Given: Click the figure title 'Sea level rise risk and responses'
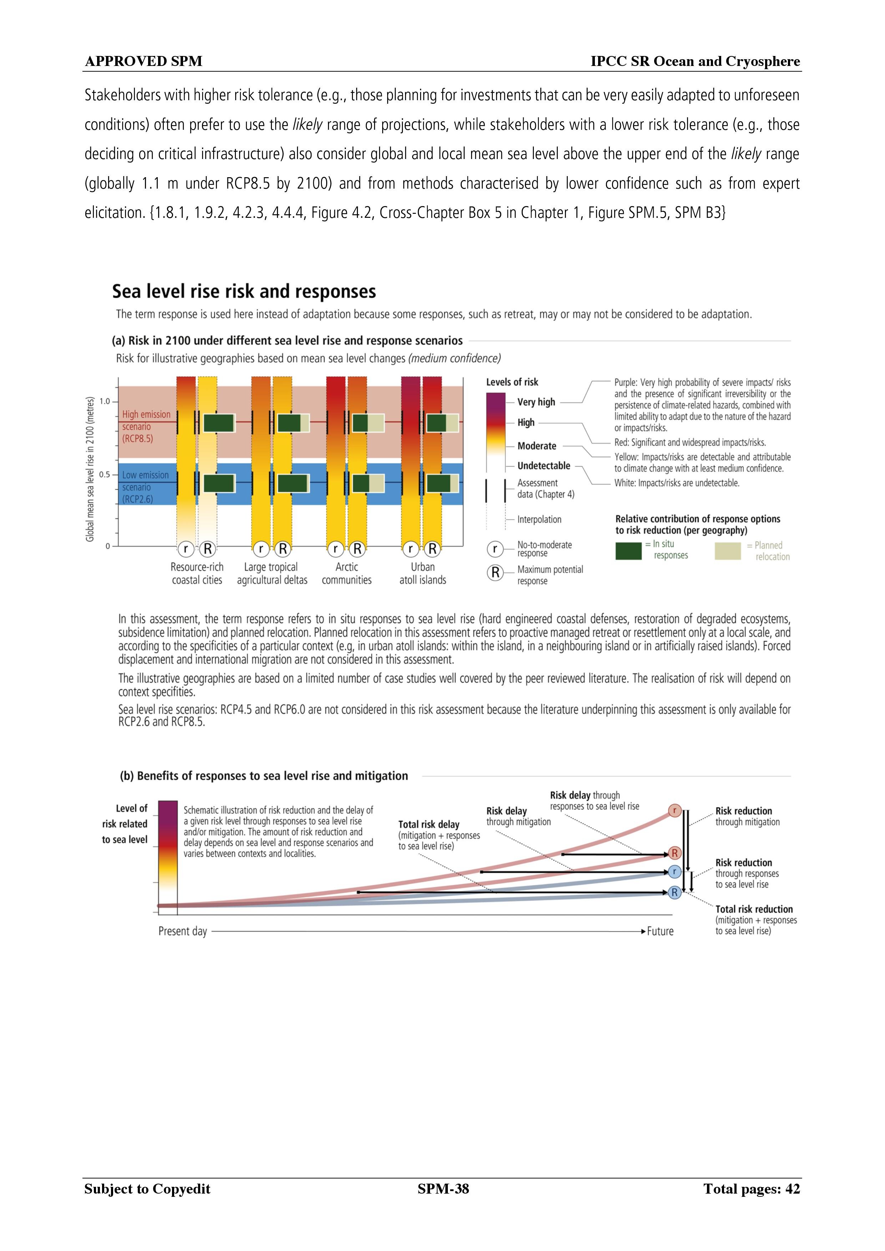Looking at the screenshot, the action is [x=244, y=292].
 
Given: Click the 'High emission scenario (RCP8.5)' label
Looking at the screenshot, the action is [x=146, y=427].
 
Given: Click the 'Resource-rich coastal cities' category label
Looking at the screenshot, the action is [x=197, y=573].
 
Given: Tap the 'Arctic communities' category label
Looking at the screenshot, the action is [x=347, y=573].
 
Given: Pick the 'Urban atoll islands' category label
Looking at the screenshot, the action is [x=423, y=573].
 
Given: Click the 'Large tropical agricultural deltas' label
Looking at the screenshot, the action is [x=272, y=573].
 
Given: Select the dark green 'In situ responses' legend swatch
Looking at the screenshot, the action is [x=628, y=551].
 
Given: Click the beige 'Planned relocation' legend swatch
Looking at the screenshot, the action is [x=727, y=551].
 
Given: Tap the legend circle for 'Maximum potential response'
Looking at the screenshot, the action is [x=495, y=573].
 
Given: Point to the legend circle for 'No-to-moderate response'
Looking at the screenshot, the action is [x=495, y=549].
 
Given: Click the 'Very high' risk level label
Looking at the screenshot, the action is [x=536, y=402].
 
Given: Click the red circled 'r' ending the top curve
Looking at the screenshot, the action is [x=674, y=810].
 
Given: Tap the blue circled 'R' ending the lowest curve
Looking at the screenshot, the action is [x=674, y=892].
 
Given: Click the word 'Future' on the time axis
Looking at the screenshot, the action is [x=660, y=931].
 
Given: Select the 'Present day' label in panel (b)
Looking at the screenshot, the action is [x=183, y=932].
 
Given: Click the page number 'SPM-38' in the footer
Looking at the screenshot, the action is [x=443, y=1189].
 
